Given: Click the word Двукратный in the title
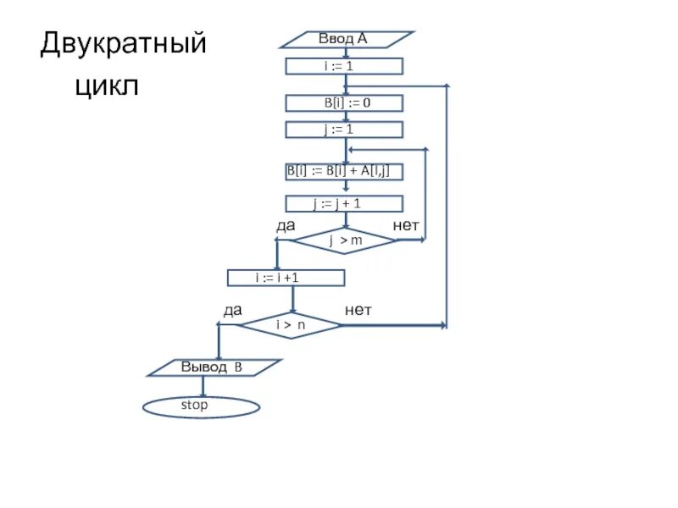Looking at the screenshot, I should pyautogui.click(x=124, y=43).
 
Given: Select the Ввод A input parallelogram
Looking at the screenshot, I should pyautogui.click(x=347, y=39).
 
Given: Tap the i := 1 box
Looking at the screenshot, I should pyautogui.click(x=344, y=66).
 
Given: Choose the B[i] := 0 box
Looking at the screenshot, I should pyautogui.click(x=344, y=103).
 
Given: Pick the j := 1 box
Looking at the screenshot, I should pyautogui.click(x=344, y=130).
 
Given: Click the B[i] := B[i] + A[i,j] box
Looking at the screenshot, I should pyautogui.click(x=343, y=172).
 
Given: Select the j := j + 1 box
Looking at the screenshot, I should pyautogui.click(x=344, y=203).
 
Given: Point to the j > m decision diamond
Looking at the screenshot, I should pyautogui.click(x=344, y=240).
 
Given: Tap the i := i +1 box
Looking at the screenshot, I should pyautogui.click(x=286, y=278).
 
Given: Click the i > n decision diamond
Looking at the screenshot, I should pyautogui.click(x=291, y=325).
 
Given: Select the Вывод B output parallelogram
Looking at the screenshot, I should pyautogui.click(x=214, y=367).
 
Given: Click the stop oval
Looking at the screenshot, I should pyautogui.click(x=201, y=406).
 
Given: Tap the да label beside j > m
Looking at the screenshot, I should pyautogui.click(x=286, y=225).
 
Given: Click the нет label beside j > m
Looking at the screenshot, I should pyautogui.click(x=406, y=225).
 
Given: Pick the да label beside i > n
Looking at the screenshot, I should pyautogui.click(x=232, y=311).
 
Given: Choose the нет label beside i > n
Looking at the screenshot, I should pyautogui.click(x=358, y=311).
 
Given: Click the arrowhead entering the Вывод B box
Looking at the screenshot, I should pyautogui.click(x=219, y=356).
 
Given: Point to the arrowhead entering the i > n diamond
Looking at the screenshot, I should pyautogui.click(x=292, y=310).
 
